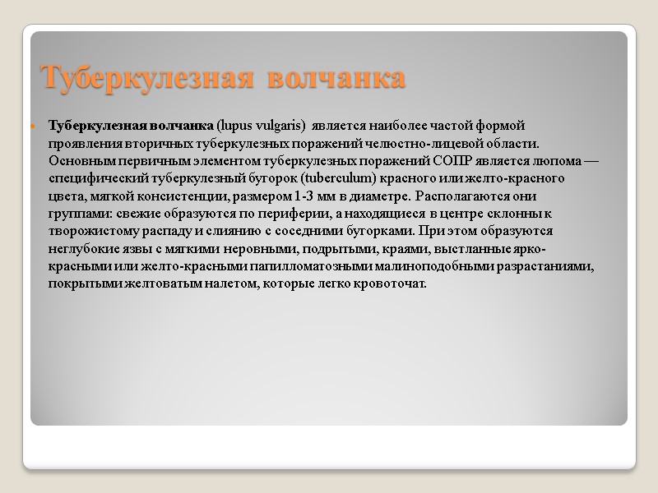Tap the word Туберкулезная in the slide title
click(x=145, y=78)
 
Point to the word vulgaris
click(x=280, y=126)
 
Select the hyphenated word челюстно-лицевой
click(x=447, y=143)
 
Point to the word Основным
click(x=80, y=160)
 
